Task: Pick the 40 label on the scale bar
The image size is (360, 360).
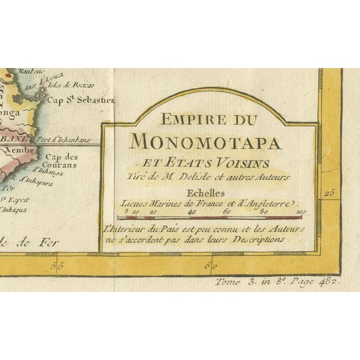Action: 192,211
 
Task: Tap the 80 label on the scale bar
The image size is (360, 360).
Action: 264,211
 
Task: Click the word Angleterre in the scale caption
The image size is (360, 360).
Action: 271,203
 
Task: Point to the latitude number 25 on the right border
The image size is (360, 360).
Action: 330,193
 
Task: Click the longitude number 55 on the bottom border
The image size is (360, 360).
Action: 57,264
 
